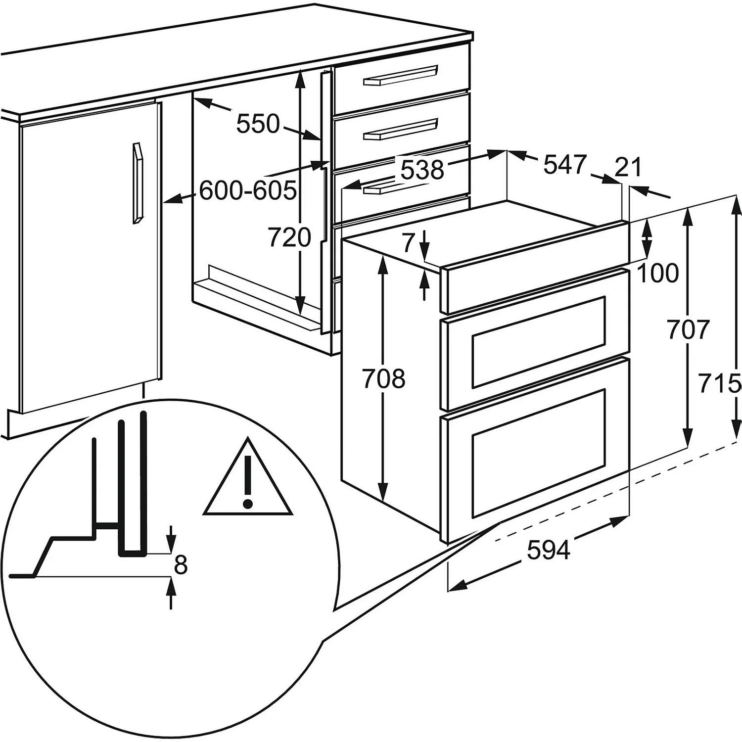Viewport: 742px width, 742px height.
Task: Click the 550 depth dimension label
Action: pyautogui.click(x=258, y=124)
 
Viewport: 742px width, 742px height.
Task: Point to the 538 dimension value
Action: pyautogui.click(x=422, y=170)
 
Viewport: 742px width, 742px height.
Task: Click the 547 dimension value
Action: pyautogui.click(x=564, y=164)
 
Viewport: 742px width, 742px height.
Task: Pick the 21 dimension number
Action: pyautogui.click(x=628, y=167)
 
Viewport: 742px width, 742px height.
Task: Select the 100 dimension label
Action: pyautogui.click(x=658, y=273)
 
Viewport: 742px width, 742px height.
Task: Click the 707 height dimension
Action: pyautogui.click(x=689, y=329)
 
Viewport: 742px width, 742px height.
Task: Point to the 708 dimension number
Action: pyautogui.click(x=384, y=379)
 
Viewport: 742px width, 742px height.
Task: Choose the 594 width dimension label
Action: pyautogui.click(x=549, y=550)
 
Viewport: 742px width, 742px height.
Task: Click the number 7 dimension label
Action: pyautogui.click(x=408, y=242)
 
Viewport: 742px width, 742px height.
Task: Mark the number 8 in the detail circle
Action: pyautogui.click(x=181, y=564)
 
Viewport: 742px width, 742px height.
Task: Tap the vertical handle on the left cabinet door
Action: pyautogui.click(x=137, y=183)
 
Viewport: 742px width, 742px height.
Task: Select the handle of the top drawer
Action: pyautogui.click(x=401, y=75)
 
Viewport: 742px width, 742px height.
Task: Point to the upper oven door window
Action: pyautogui.click(x=538, y=341)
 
